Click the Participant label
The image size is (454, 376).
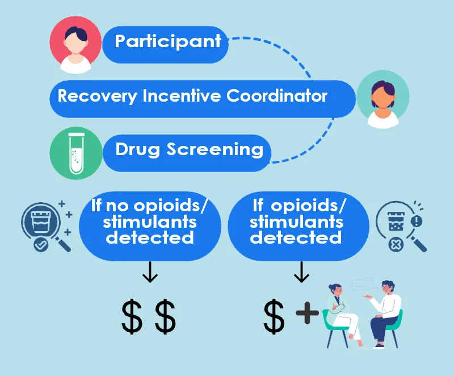167,41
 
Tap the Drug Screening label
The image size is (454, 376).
189,150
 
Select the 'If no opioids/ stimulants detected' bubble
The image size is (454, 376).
150,222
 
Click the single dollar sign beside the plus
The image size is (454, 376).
274,317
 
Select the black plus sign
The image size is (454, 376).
306,314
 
